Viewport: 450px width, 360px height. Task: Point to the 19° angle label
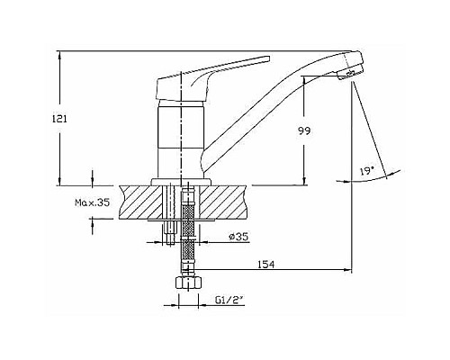point(365,169)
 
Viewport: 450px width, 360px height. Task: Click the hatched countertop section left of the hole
point(135,202)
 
